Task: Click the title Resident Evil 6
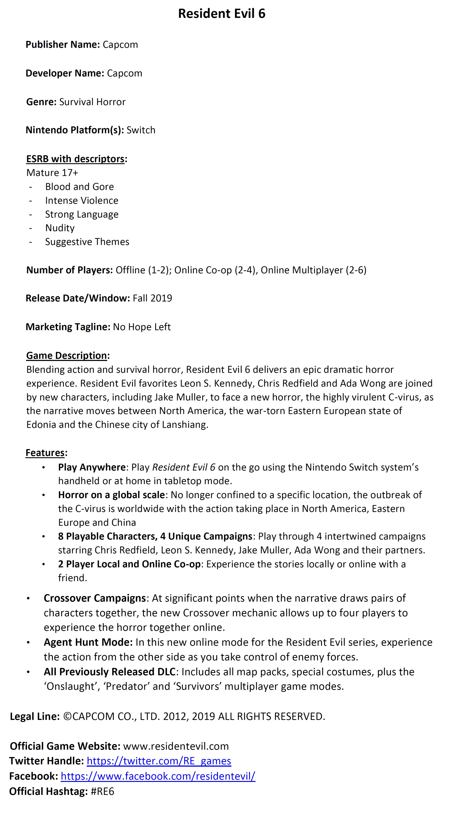pyautogui.click(x=222, y=14)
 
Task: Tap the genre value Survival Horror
pyautogui.click(x=92, y=102)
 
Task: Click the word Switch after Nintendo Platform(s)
pyautogui.click(x=141, y=130)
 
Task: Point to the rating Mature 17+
pyautogui.click(x=52, y=173)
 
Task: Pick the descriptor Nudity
pyautogui.click(x=60, y=228)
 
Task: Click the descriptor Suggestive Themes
pyautogui.click(x=87, y=242)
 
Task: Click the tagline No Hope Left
pyautogui.click(x=142, y=327)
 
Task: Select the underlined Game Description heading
pyautogui.click(x=67, y=356)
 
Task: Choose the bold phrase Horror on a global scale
pyautogui.click(x=111, y=495)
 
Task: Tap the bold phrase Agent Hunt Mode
pyautogui.click(x=88, y=642)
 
